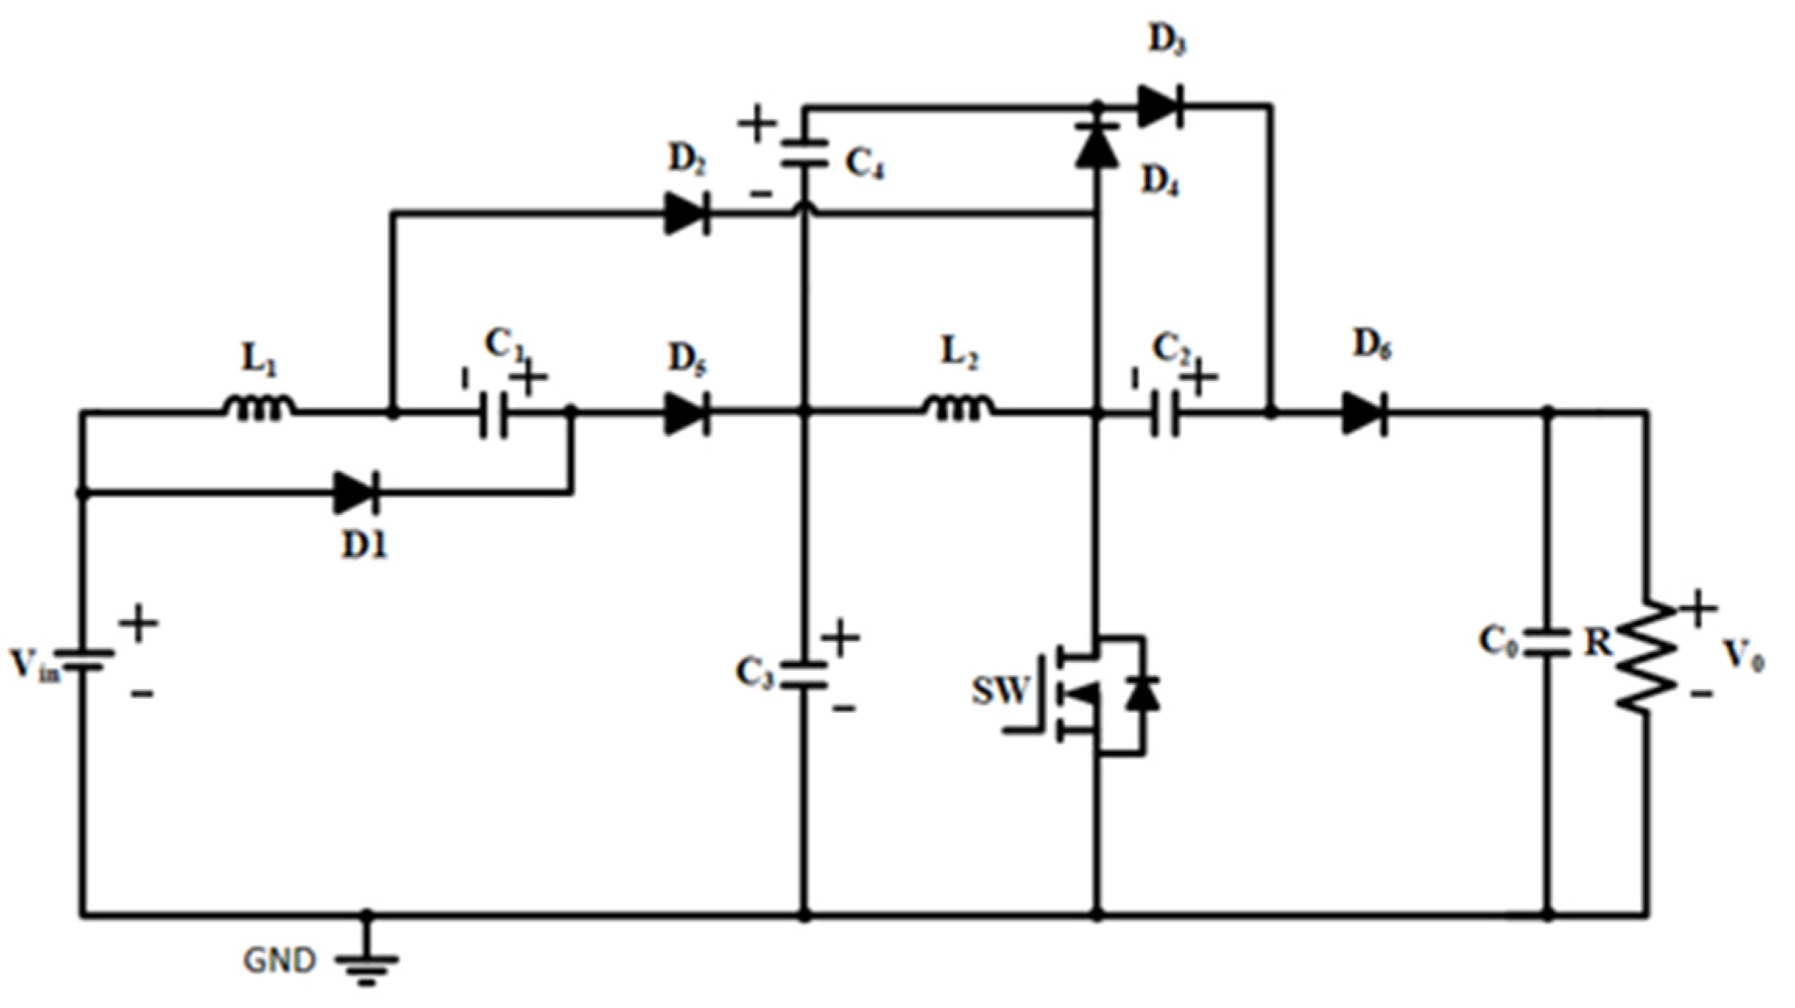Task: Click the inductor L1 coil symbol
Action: point(259,407)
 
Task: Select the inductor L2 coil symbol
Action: point(959,407)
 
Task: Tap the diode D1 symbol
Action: point(358,492)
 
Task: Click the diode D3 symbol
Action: point(1160,106)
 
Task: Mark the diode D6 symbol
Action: point(1364,414)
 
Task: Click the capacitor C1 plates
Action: point(493,414)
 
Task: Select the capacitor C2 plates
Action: point(1166,414)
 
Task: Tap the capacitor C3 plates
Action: point(805,675)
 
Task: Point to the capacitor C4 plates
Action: point(805,153)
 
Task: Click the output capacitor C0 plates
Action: point(1547,642)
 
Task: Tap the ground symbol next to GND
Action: point(367,965)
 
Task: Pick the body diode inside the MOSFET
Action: point(1142,693)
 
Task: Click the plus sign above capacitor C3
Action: point(840,638)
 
